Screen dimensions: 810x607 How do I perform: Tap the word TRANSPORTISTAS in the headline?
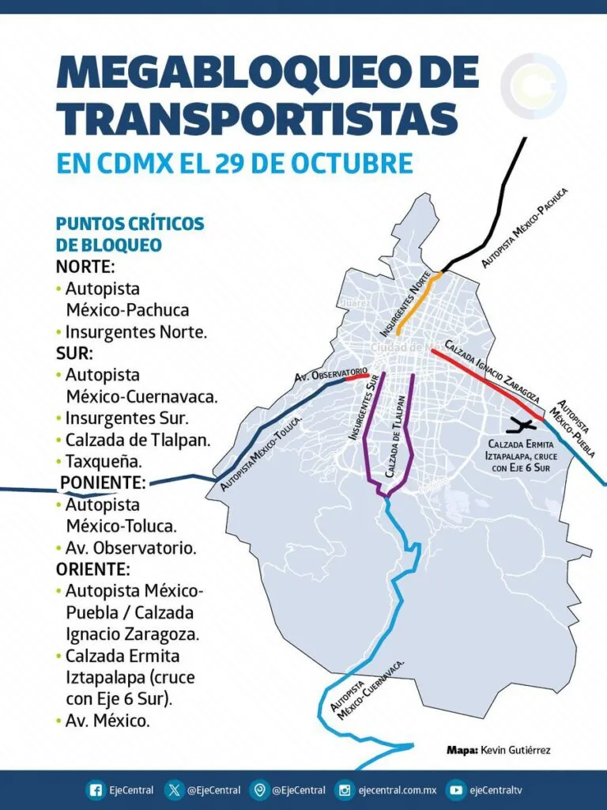(257, 119)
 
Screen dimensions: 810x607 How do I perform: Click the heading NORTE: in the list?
(85, 267)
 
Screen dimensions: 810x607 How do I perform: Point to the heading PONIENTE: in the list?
(102, 483)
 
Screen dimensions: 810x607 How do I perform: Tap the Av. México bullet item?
(107, 721)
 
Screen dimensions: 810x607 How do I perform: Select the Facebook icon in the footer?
(96, 789)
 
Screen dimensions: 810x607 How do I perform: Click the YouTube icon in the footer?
(455, 789)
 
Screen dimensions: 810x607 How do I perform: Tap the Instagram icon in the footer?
(344, 789)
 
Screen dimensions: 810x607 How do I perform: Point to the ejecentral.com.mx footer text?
(397, 789)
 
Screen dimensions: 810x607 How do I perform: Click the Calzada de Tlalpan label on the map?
(401, 436)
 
